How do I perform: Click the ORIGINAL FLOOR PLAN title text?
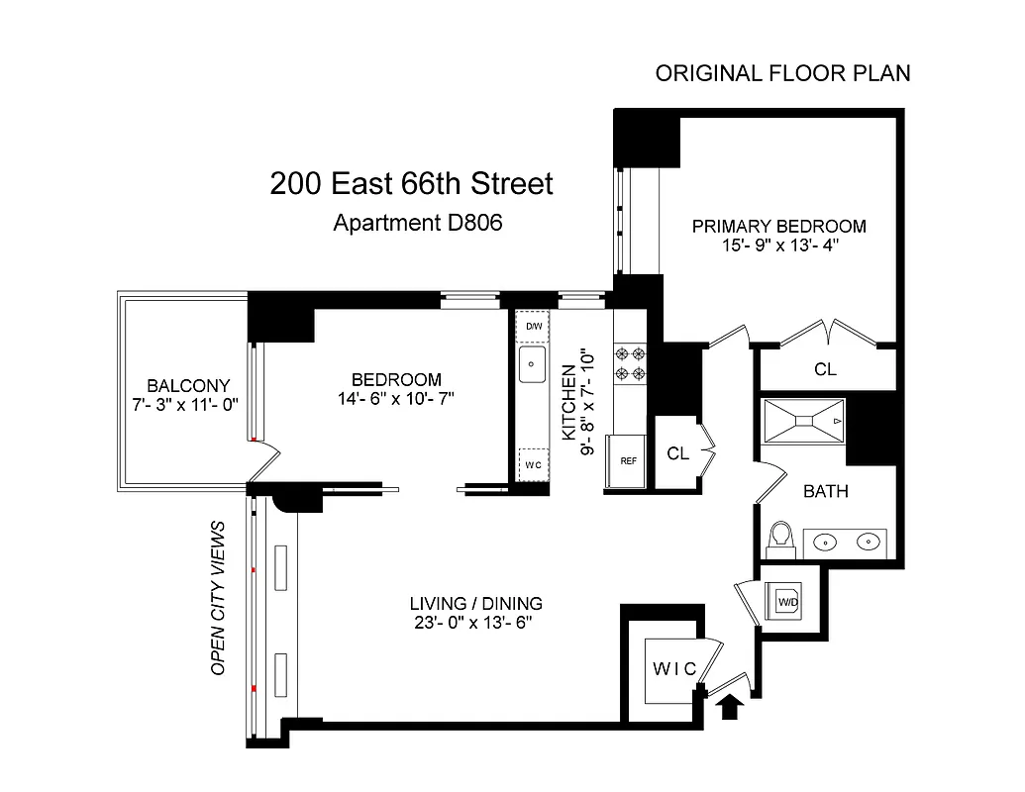(782, 74)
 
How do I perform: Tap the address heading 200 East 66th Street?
(411, 184)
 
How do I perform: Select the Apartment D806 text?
(418, 223)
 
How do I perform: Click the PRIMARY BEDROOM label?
(778, 226)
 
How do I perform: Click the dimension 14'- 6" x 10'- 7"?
(396, 399)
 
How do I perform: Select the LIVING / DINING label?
(476, 603)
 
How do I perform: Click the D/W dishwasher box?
(534, 327)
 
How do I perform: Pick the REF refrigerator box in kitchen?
(628, 461)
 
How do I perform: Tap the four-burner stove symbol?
(628, 362)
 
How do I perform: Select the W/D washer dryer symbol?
(788, 601)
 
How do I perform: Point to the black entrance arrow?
(730, 707)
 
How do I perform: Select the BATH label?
(825, 491)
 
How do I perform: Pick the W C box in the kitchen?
(534, 463)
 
